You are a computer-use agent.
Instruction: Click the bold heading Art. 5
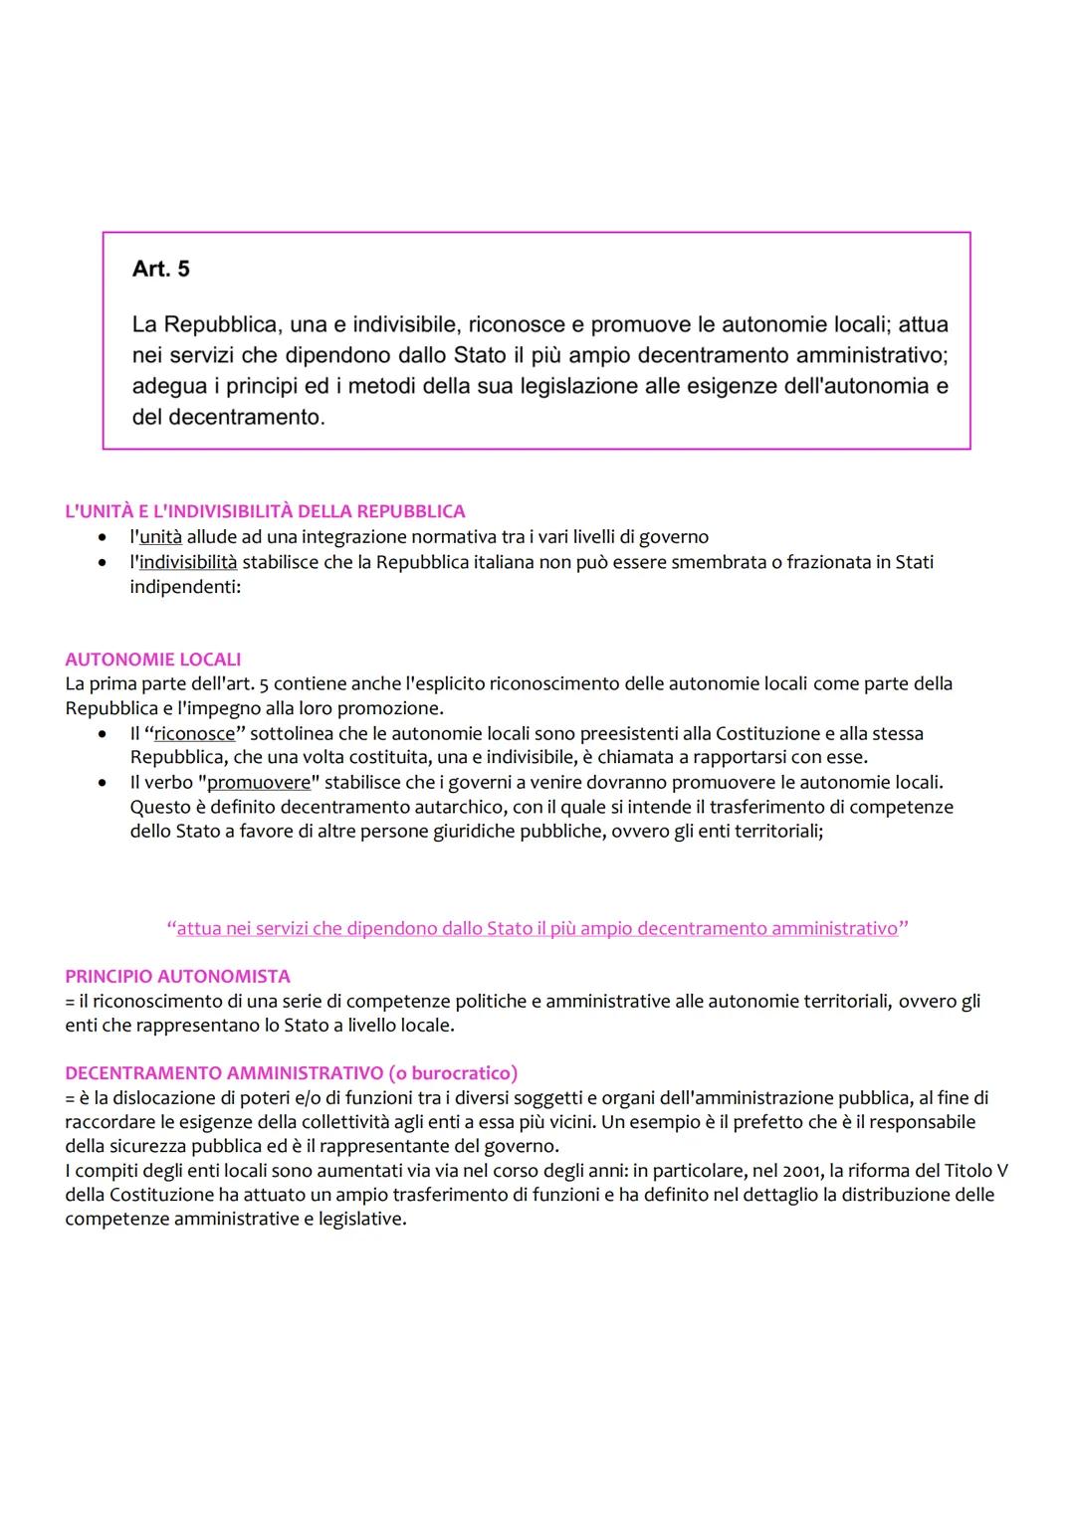tap(160, 269)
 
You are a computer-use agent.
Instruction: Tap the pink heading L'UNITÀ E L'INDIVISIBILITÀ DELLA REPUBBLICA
tap(265, 511)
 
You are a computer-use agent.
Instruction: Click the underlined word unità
tap(160, 537)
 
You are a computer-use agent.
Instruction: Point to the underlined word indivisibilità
tap(188, 562)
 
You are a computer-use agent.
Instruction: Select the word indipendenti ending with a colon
tap(186, 587)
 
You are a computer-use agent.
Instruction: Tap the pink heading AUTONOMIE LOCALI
tap(153, 660)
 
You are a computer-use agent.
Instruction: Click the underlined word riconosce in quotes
tap(194, 734)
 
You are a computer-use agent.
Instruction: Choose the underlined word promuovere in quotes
tap(259, 783)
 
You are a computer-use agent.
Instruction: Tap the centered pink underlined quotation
tap(537, 928)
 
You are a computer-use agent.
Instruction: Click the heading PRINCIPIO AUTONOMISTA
tap(177, 977)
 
